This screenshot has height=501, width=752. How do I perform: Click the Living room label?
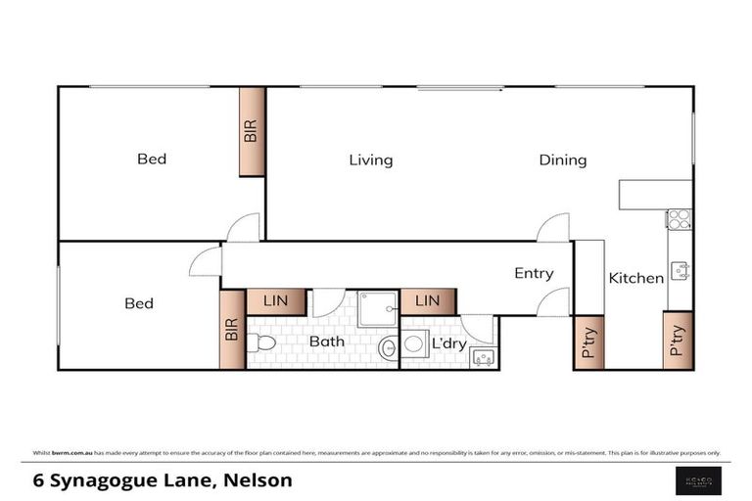pos(371,160)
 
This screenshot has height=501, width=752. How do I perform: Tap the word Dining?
pos(563,160)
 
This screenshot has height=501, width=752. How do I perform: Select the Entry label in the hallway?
pos(534,274)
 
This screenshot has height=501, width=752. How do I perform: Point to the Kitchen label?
pos(636,278)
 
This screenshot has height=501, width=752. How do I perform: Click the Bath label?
pos(327,342)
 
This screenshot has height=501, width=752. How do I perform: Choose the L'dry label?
pos(449,343)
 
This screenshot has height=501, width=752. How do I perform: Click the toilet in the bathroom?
pos(260,342)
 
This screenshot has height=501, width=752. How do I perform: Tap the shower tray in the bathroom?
pos(377,308)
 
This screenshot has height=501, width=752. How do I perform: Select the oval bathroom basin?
pos(389,346)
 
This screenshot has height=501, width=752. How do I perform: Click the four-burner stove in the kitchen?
pos(679,219)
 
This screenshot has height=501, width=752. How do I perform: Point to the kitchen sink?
pos(680,270)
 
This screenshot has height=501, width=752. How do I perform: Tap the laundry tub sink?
pos(483,357)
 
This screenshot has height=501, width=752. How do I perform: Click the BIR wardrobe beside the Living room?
pos(252,132)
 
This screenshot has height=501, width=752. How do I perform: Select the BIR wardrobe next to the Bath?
pos(232,329)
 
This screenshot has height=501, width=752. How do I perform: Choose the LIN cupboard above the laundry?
pos(428,301)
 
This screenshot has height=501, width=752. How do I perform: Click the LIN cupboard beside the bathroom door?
pos(276,301)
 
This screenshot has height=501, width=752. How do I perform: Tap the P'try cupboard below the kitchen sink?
pos(678,340)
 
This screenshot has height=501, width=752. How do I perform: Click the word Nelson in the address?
pos(258,480)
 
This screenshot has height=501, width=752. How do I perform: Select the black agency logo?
pos(701,478)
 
